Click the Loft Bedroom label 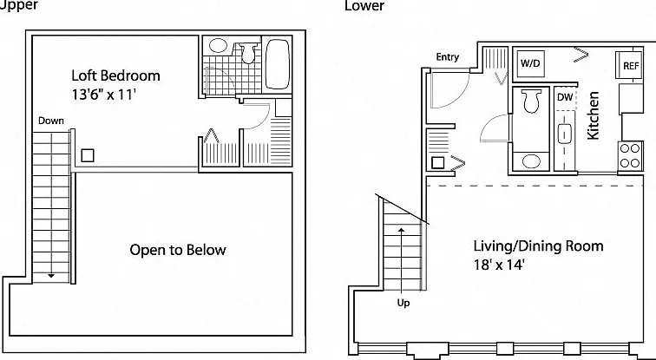115,75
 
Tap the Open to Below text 178,250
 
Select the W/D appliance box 530,63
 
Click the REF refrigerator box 630,65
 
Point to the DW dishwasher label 565,97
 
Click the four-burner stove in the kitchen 630,155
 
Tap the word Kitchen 593,115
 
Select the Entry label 447,57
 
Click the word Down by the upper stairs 51,121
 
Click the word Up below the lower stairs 403,303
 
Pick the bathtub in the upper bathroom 278,64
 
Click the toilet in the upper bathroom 248,53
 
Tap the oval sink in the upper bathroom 218,45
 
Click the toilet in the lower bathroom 531,101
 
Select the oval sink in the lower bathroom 531,161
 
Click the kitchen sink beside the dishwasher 565,134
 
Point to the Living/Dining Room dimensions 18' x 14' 499,265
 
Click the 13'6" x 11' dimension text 104,95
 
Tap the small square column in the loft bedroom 88,155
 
